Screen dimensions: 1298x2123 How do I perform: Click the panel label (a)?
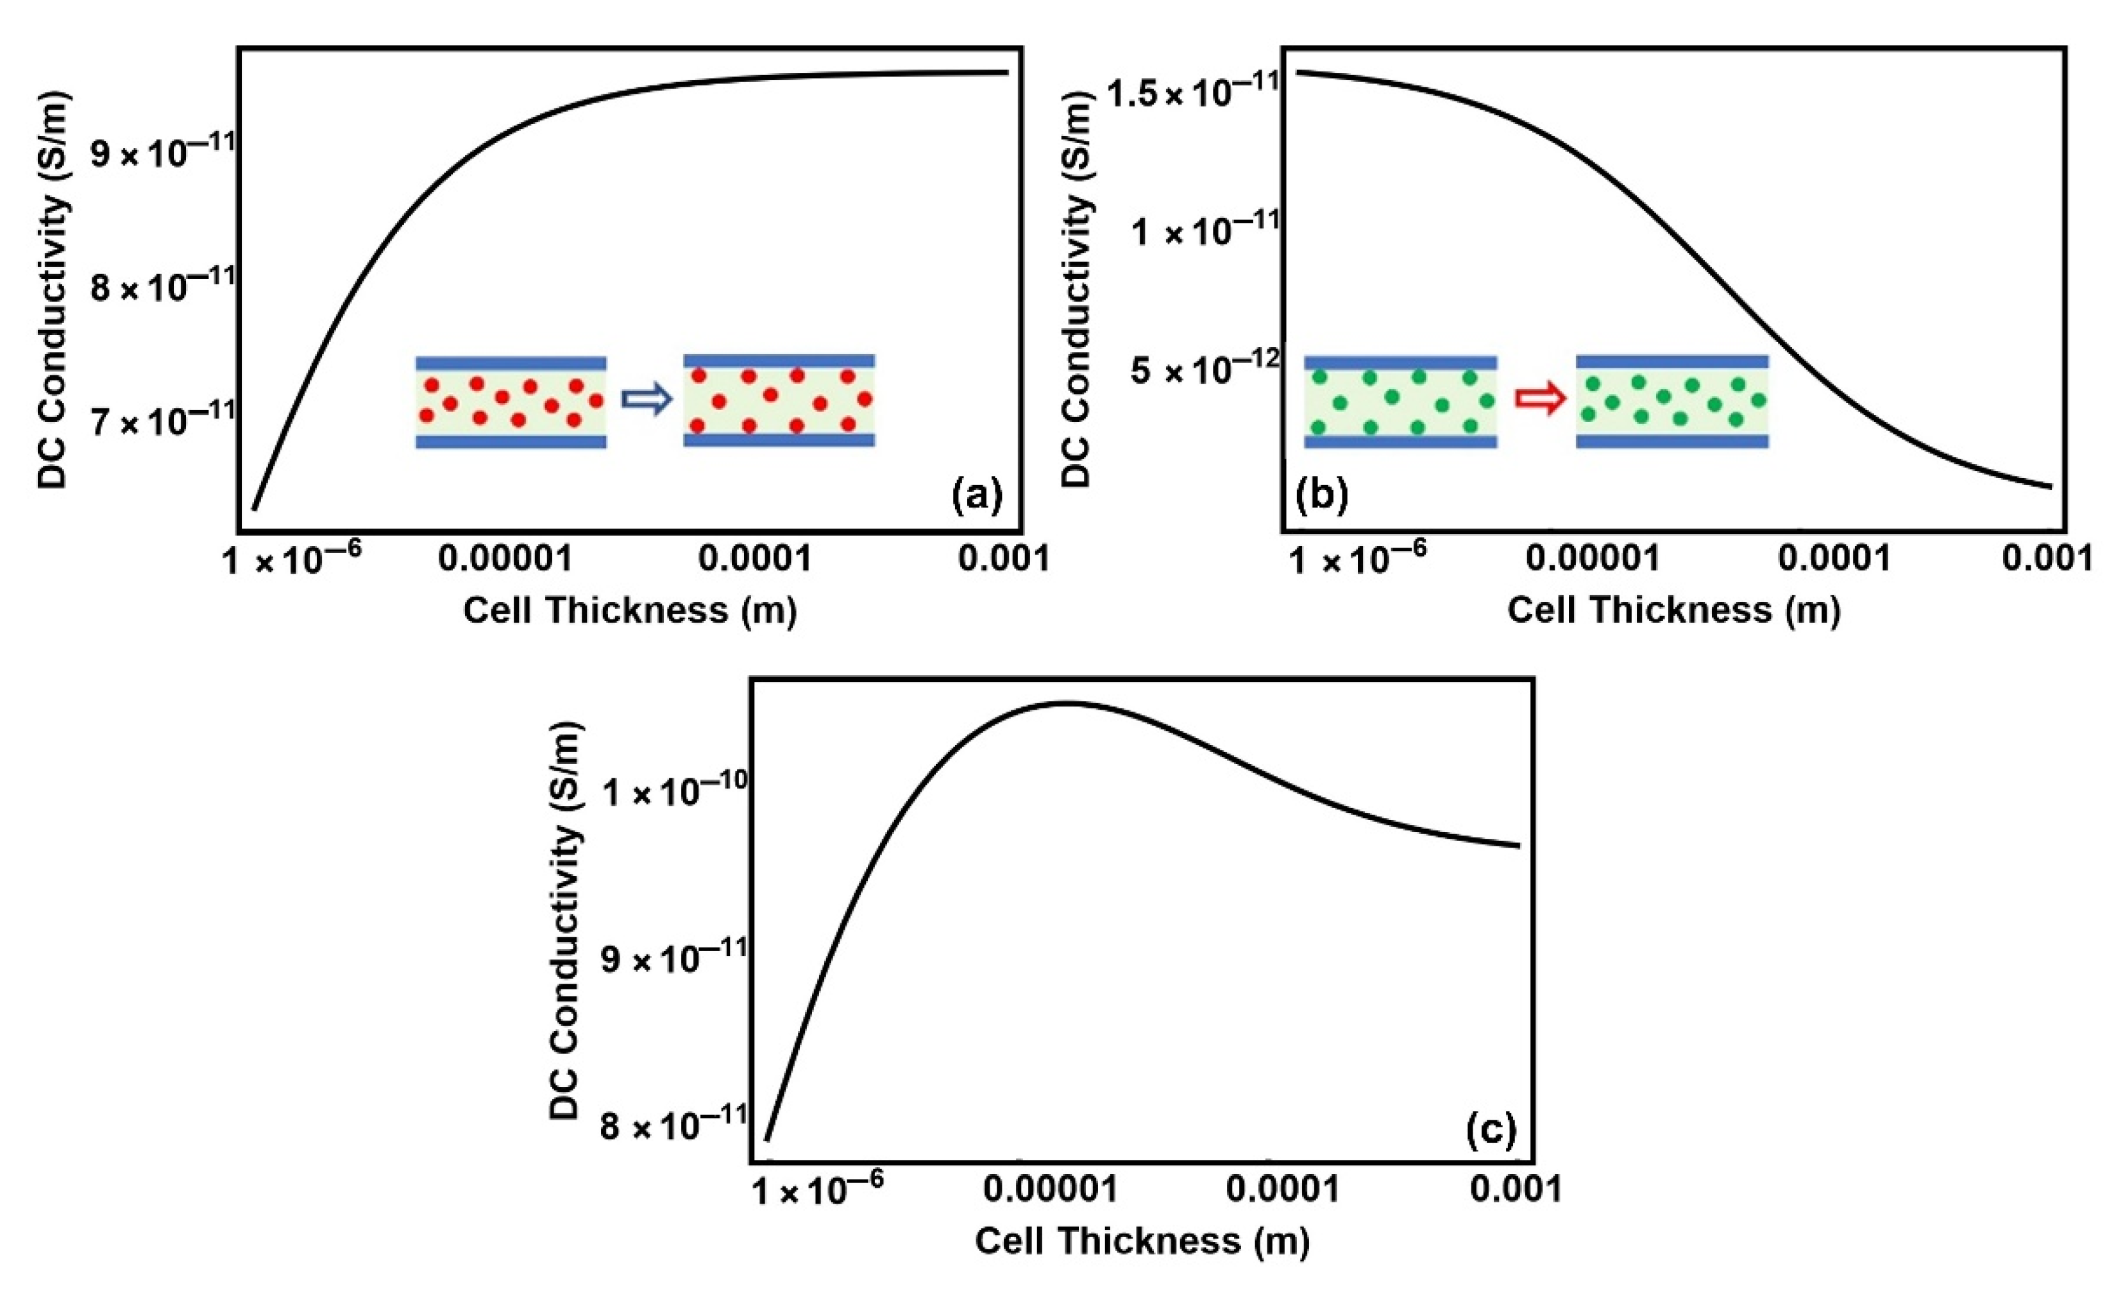[977, 497]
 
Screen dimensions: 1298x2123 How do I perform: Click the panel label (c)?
[1491, 1131]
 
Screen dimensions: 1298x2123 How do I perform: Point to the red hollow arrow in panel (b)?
[1540, 400]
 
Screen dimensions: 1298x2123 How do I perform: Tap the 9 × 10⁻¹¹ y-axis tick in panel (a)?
[164, 150]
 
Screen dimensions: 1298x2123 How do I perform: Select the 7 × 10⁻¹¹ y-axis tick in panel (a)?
[164, 419]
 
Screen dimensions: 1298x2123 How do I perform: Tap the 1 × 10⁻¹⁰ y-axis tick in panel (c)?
[675, 789]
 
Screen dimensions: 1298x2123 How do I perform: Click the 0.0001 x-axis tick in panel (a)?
[755, 560]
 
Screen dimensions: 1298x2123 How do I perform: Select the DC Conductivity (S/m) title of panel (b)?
[1076, 289]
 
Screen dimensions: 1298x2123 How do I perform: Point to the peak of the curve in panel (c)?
[1065, 703]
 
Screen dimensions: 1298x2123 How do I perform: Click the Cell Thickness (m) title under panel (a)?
[630, 610]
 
